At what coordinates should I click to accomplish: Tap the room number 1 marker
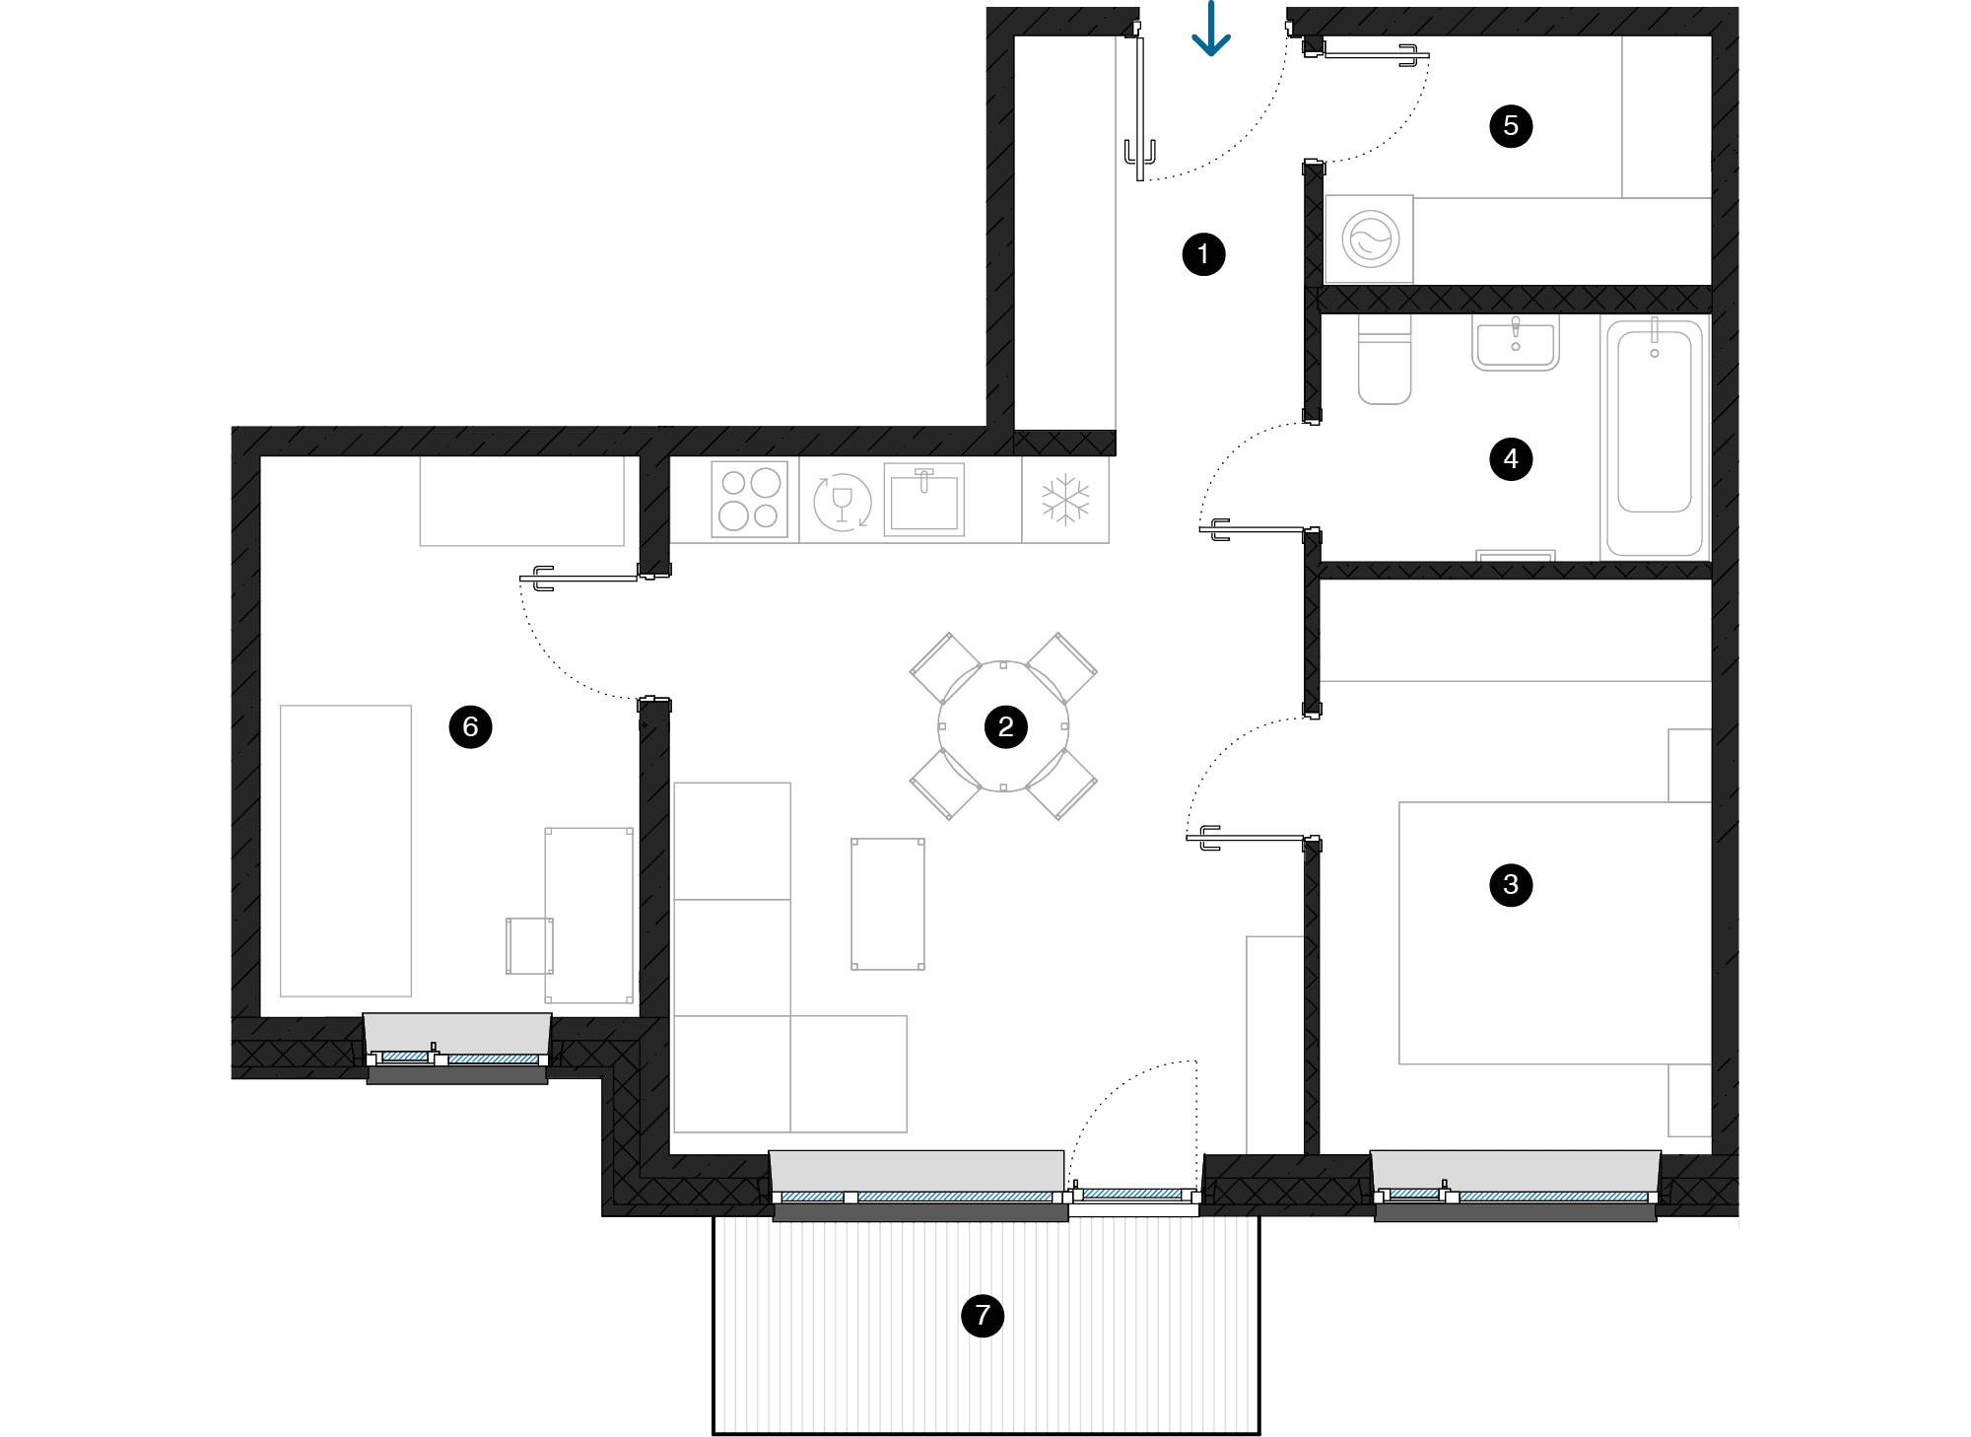[x=1203, y=254]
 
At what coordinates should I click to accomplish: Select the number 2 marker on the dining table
[x=1005, y=727]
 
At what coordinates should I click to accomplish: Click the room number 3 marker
[x=1511, y=885]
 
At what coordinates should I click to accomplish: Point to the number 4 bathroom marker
[x=1511, y=459]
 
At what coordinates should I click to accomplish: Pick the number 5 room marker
[x=1511, y=126]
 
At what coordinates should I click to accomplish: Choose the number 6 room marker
[x=470, y=727]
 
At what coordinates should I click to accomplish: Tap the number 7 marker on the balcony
[x=983, y=1315]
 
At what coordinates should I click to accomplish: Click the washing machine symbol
[x=1370, y=239]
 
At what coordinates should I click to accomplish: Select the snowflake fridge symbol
[x=1065, y=500]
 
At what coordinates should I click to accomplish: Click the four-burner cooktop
[x=749, y=500]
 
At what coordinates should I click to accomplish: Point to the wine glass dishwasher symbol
[x=842, y=502]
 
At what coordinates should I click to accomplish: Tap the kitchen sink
[x=923, y=501]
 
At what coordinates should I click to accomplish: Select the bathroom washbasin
[x=1516, y=343]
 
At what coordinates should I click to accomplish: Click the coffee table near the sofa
[x=888, y=904]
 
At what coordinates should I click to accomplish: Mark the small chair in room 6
[x=529, y=946]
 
